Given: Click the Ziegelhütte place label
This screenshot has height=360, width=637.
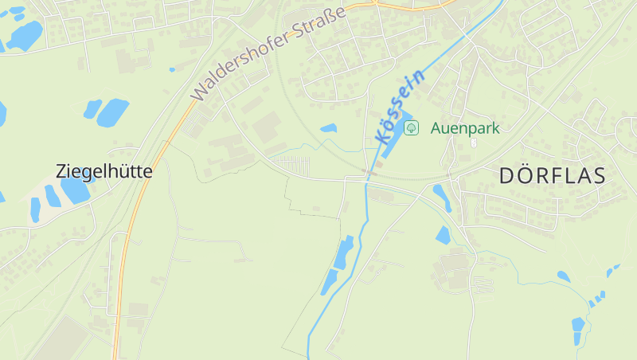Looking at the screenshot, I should coord(104,170).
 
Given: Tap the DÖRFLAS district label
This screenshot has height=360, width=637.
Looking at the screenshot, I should coord(553,176).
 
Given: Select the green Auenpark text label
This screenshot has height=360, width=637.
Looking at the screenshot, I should coord(465,127).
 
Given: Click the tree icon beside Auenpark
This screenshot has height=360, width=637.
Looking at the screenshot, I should coord(411,127).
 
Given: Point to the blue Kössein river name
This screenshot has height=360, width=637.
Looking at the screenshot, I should coord(398,107).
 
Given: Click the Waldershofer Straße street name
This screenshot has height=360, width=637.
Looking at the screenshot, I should coord(269,53).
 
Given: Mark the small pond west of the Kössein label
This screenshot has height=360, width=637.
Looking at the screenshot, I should coord(328,127).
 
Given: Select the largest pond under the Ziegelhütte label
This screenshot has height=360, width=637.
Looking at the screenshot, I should coord(74,190).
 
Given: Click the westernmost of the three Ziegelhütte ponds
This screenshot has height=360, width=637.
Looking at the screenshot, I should coord(35,209).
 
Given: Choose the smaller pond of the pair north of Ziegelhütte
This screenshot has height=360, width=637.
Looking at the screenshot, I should coord(92,108).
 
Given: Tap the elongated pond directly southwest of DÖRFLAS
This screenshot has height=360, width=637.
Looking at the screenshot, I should coord(441,197).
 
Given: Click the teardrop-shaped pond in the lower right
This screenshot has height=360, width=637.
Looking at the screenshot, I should coord(564,276).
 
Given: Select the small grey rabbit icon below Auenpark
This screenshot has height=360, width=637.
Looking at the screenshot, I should coord(474,143).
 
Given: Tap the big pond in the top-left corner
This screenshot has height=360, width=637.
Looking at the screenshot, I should coord(25,35).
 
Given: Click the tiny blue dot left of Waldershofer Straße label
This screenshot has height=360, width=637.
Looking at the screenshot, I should coord(172,69).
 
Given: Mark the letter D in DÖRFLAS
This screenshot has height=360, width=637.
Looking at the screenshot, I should coord(507,176).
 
